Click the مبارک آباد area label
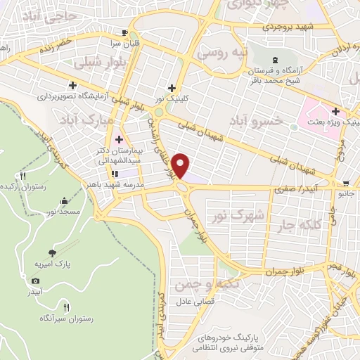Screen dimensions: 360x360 coord(86,117)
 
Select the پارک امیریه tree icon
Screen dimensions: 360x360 coord(51,252)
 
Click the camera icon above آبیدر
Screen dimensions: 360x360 coord(37,281)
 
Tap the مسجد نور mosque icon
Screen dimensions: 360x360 coord(66,199)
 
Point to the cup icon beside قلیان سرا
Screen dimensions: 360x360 coord(124,32)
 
